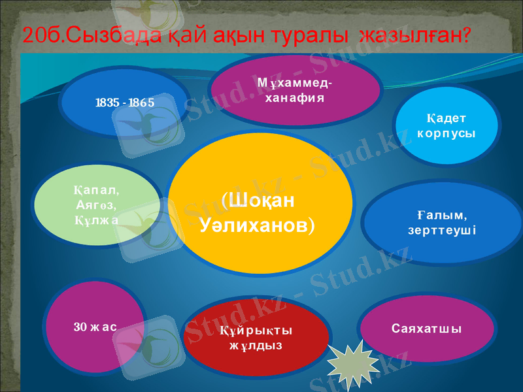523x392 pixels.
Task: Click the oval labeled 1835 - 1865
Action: (124, 103)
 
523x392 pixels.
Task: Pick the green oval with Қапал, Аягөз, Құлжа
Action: (97, 204)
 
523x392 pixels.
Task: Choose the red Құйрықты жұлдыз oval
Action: (256, 336)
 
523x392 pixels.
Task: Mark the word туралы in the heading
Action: (311, 36)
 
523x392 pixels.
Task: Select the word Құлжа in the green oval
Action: (96, 219)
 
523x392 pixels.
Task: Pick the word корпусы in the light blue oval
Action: (447, 133)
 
